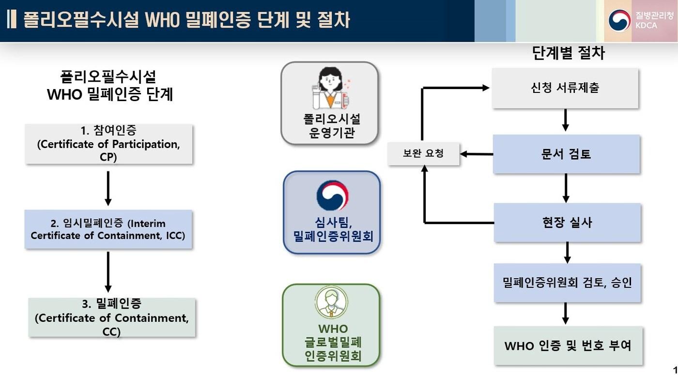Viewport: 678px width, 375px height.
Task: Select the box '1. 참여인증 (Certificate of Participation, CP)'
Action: tap(108, 144)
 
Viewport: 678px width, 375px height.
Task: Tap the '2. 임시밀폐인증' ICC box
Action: tap(108, 229)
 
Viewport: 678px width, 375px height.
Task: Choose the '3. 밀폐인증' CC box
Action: tap(112, 317)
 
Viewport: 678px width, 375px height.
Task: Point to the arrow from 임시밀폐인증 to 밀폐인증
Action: tap(108, 271)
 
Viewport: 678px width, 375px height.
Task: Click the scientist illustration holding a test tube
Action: tap(330, 88)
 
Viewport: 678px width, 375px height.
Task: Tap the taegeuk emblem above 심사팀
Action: tap(332, 195)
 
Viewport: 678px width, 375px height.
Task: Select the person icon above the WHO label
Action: tap(332, 303)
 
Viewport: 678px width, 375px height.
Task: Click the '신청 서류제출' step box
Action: tap(565, 88)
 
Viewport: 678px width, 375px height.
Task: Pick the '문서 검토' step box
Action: tap(566, 154)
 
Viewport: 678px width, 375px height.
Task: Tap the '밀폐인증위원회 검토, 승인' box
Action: tap(567, 283)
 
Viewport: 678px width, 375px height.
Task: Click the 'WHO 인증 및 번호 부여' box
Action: tap(568, 345)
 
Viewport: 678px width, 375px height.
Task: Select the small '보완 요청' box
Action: tap(423, 154)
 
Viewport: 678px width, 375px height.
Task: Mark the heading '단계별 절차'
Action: tap(568, 53)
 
